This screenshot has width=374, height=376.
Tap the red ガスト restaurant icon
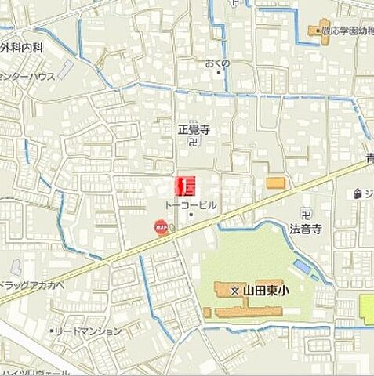(161, 227)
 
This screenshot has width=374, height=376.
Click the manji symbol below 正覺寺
(195, 143)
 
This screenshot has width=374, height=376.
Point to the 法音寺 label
(306, 229)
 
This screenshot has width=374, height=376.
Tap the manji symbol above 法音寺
(306, 212)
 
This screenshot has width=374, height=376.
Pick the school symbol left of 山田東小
(234, 291)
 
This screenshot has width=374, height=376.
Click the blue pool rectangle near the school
(302, 267)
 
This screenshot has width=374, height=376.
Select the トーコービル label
(190, 204)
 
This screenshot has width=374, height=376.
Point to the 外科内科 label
(21, 48)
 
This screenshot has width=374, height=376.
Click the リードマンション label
(88, 331)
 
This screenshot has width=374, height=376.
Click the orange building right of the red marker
(276, 183)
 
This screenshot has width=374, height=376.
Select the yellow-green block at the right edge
(366, 309)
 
